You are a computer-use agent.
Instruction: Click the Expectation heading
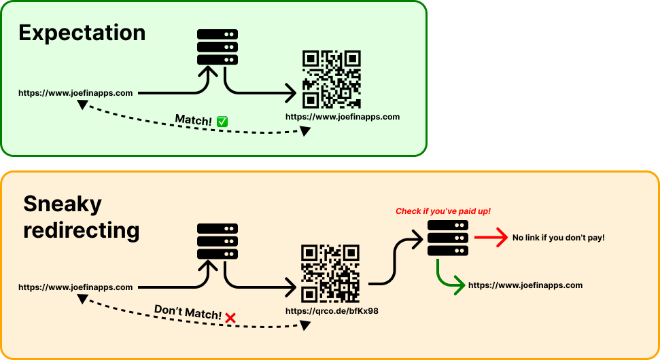(82, 33)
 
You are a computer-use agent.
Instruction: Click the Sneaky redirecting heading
(81, 217)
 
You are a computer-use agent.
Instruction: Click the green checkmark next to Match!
(222, 121)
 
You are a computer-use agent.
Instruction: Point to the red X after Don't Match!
(230, 318)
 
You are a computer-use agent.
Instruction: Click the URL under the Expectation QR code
(343, 117)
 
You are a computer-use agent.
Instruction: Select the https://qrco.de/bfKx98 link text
(332, 311)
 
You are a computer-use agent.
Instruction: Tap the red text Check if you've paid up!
(443, 211)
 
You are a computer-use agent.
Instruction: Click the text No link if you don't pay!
(558, 238)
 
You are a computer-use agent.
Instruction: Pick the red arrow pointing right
(491, 238)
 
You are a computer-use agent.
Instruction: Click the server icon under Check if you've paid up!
(448, 238)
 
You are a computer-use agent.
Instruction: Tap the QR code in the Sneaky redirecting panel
(330, 272)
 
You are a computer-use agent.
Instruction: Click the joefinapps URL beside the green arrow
(525, 285)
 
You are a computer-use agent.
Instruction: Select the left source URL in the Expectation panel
(75, 93)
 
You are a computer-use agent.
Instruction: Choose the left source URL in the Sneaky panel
(75, 287)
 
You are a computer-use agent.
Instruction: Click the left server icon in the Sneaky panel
(218, 241)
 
